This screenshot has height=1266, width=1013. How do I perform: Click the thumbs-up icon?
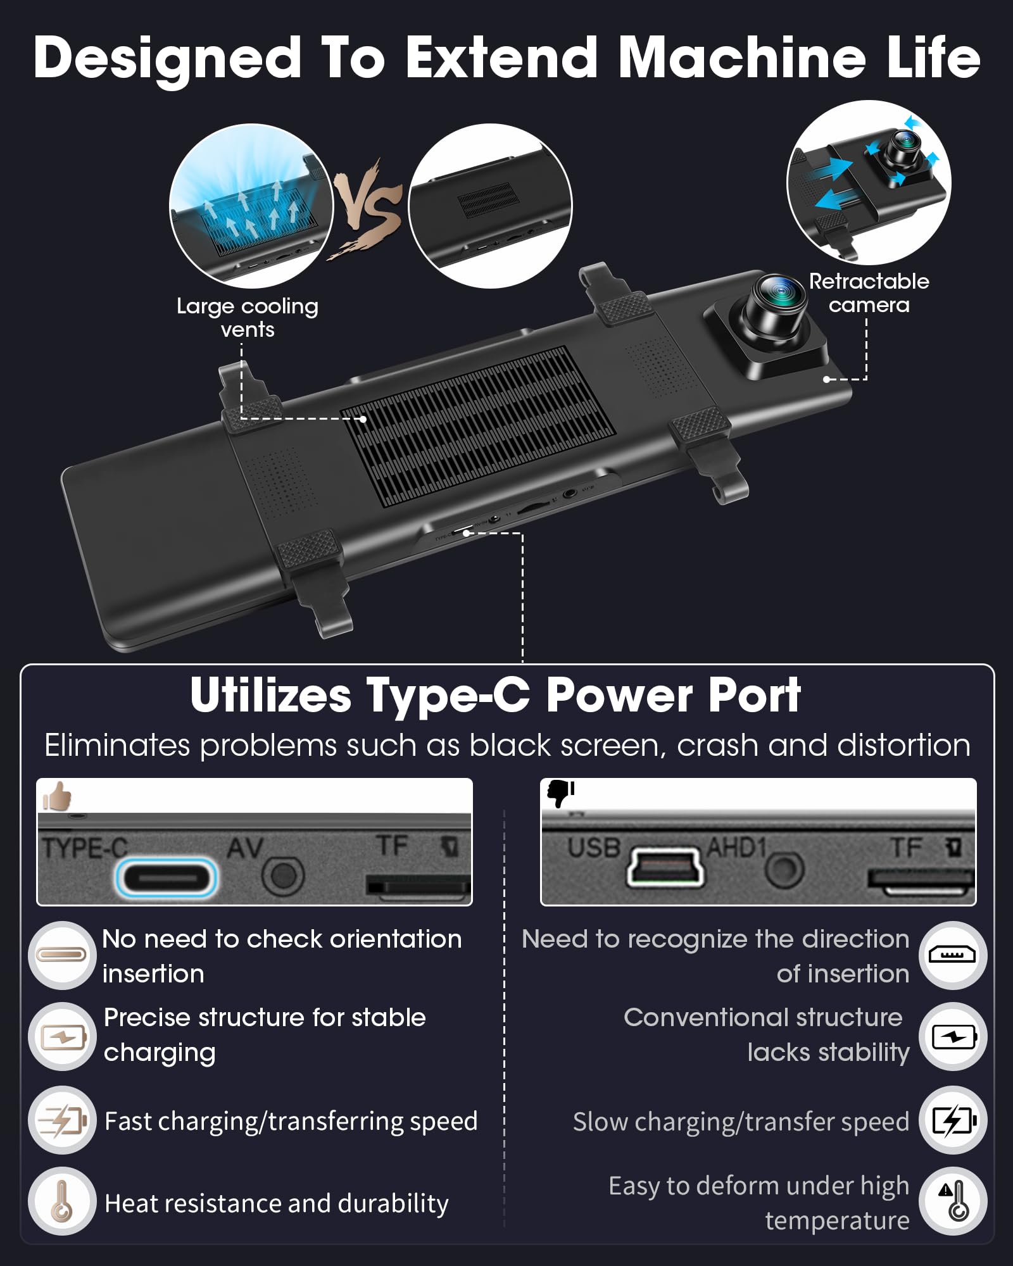tap(57, 796)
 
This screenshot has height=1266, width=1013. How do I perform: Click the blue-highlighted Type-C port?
tap(166, 877)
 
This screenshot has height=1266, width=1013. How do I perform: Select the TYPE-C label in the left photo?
tap(85, 848)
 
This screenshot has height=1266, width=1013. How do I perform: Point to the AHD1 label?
tap(737, 847)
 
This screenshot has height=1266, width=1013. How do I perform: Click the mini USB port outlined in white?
tap(665, 868)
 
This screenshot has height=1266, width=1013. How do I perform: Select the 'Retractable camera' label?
tap(869, 293)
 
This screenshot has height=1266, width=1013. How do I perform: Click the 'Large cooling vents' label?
tap(248, 318)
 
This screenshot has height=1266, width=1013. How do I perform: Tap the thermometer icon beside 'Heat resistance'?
tap(61, 1201)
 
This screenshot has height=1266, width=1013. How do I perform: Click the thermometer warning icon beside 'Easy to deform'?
tap(953, 1201)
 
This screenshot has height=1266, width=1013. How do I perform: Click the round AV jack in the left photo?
tap(283, 876)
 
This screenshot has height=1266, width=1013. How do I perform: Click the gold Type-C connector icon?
tap(61, 955)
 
